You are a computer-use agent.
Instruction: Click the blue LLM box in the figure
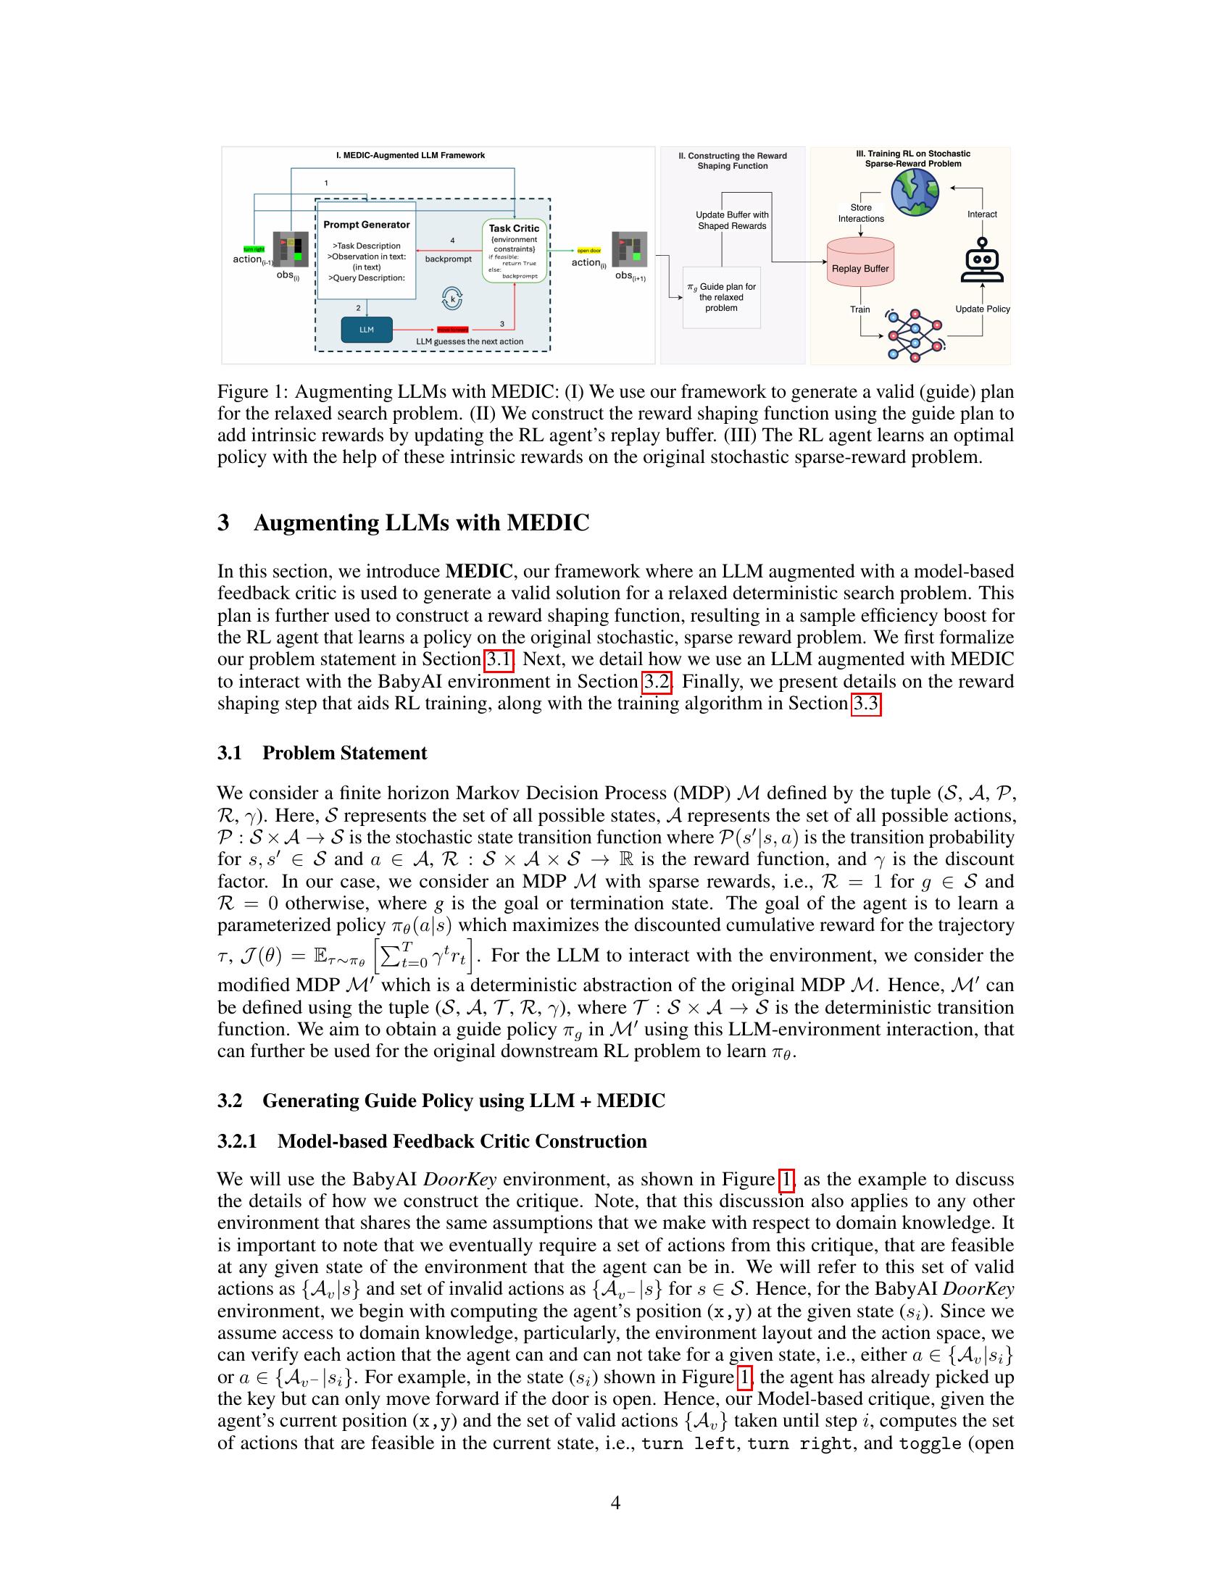click(x=367, y=330)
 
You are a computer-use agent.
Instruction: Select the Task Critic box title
click(x=514, y=228)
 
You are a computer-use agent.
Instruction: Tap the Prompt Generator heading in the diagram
click(x=367, y=225)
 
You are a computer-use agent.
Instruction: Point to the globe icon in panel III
click(x=915, y=192)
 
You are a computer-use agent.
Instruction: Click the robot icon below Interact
click(x=983, y=261)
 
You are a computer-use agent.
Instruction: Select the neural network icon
click(x=914, y=335)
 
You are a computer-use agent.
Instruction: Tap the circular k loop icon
click(x=452, y=299)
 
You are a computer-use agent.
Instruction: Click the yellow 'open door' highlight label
click(x=588, y=251)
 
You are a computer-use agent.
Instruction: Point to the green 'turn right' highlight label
click(x=253, y=249)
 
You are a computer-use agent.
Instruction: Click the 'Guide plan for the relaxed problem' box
click(x=721, y=297)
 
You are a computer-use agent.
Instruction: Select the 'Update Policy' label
click(x=983, y=309)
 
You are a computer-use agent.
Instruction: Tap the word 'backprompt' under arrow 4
click(x=448, y=259)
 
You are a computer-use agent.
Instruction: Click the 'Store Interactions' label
click(x=860, y=213)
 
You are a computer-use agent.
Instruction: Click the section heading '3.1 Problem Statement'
click(x=322, y=754)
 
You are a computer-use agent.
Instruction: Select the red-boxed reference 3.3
click(x=866, y=704)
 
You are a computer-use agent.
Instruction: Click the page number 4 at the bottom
click(x=615, y=1503)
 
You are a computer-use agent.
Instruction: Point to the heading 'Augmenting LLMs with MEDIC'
click(x=421, y=523)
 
